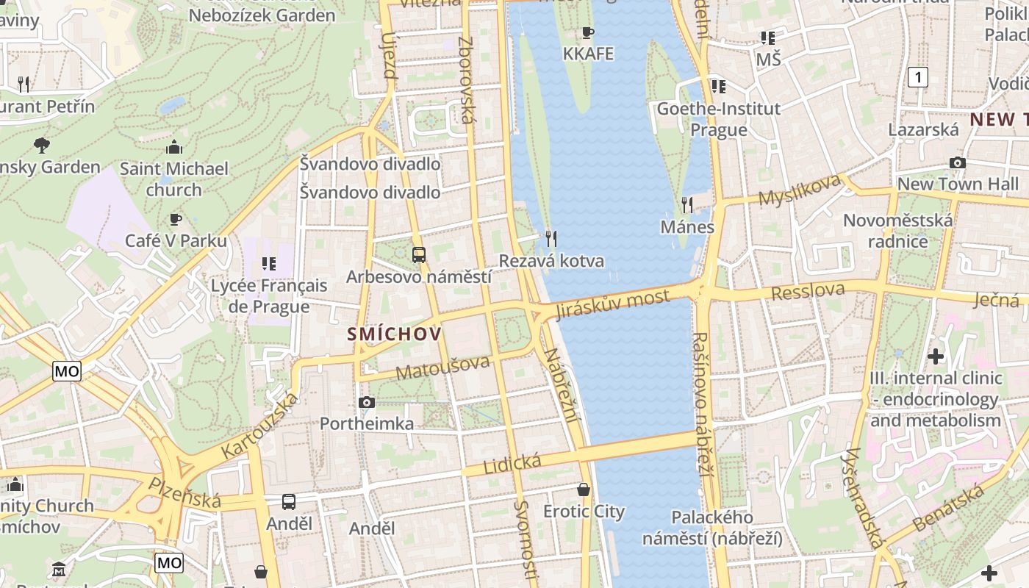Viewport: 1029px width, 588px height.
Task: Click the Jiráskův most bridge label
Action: pos(613,304)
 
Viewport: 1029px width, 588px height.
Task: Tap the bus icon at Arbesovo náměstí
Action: pos(418,255)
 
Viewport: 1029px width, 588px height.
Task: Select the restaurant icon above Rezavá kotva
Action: pos(551,238)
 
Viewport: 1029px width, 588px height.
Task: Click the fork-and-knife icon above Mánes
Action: pos(687,204)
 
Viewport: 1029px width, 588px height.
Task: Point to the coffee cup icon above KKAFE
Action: pos(587,32)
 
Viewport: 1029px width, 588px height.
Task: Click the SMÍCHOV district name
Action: pos(395,334)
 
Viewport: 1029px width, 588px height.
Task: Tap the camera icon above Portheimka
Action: pos(366,402)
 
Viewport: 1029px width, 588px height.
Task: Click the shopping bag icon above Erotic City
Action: pos(584,489)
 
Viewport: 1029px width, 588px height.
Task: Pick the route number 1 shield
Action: pos(917,76)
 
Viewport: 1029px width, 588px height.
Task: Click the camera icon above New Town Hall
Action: pos(957,162)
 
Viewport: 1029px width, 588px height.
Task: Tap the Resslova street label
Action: pos(808,291)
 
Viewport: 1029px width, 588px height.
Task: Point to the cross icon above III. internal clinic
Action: pos(935,356)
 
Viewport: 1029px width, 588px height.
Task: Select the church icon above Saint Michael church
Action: pos(173,147)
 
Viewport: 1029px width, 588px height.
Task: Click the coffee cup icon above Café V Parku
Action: pos(175,218)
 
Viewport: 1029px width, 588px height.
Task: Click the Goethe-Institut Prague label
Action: pos(718,119)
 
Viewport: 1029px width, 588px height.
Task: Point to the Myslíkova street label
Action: pos(799,190)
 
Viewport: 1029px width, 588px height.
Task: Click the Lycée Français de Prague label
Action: pos(269,295)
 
